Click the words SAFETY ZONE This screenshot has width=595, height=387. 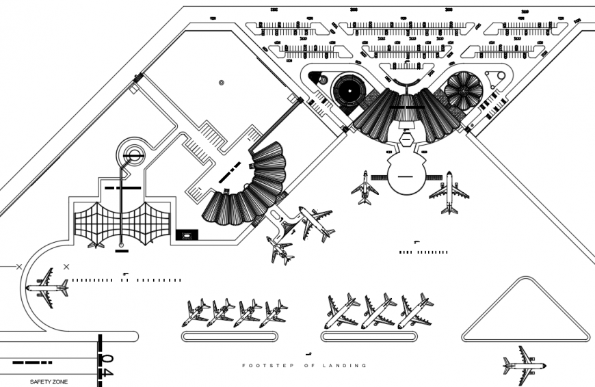[49, 381]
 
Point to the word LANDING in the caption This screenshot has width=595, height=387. [346, 366]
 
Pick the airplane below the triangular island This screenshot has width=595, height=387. [524, 364]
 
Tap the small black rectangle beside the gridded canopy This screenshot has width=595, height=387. [186, 235]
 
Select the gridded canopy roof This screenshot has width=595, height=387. [122, 224]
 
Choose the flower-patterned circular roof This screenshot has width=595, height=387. [464, 90]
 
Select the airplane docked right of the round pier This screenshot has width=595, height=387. [449, 192]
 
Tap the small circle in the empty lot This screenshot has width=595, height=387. [221, 83]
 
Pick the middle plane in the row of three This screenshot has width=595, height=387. [378, 311]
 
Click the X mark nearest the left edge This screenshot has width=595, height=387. [18, 266]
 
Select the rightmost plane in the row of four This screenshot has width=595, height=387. [273, 312]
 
